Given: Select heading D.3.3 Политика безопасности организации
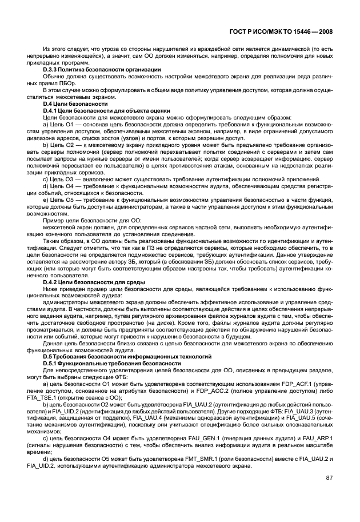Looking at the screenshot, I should click(x=94, y=69).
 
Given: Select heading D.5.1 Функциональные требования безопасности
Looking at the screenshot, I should click(x=104, y=363).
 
